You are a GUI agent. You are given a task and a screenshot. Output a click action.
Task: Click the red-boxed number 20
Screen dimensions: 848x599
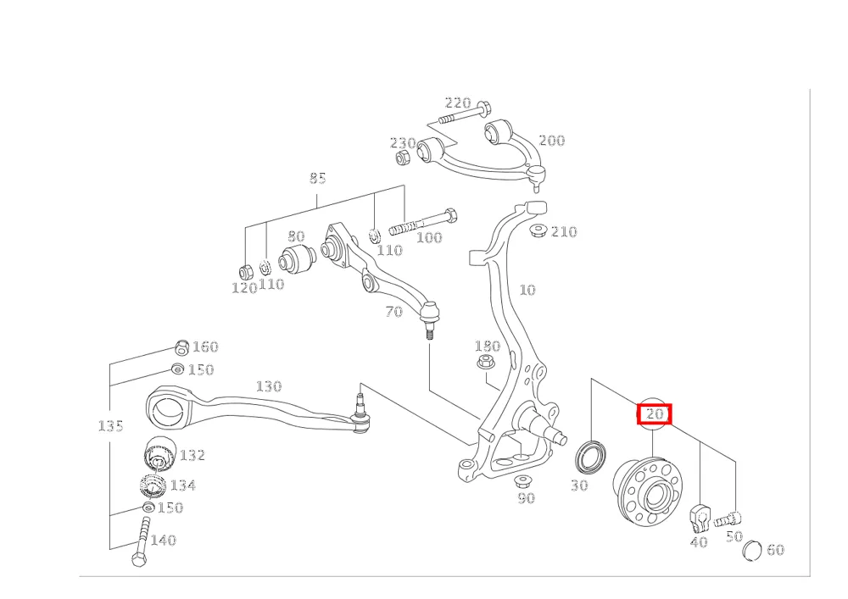655,414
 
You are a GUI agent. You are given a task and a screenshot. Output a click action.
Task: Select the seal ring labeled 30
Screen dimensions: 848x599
590,457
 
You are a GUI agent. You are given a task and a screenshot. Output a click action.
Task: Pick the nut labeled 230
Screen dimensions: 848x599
402,158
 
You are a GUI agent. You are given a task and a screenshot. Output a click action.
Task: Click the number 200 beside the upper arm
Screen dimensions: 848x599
552,141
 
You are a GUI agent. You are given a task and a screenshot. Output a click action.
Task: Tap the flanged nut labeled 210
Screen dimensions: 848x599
537,230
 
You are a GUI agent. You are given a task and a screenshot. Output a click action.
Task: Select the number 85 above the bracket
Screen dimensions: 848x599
317,178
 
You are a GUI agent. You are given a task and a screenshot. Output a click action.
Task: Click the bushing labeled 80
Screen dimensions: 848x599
296,259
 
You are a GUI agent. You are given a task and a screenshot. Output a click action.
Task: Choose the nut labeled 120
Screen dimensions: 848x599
246,271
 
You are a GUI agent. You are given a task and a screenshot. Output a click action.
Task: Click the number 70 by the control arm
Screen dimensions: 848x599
393,312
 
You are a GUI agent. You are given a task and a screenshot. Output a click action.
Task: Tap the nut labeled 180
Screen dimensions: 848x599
487,361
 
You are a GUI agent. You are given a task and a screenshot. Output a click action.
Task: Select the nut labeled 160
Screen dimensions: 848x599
183,348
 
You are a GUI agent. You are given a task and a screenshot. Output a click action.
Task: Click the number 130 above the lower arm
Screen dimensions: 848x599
269,386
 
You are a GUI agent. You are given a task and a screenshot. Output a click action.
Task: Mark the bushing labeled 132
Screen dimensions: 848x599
162,452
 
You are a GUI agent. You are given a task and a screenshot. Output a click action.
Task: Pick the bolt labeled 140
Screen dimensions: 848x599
141,541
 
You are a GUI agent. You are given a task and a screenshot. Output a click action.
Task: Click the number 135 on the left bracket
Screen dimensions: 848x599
110,425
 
